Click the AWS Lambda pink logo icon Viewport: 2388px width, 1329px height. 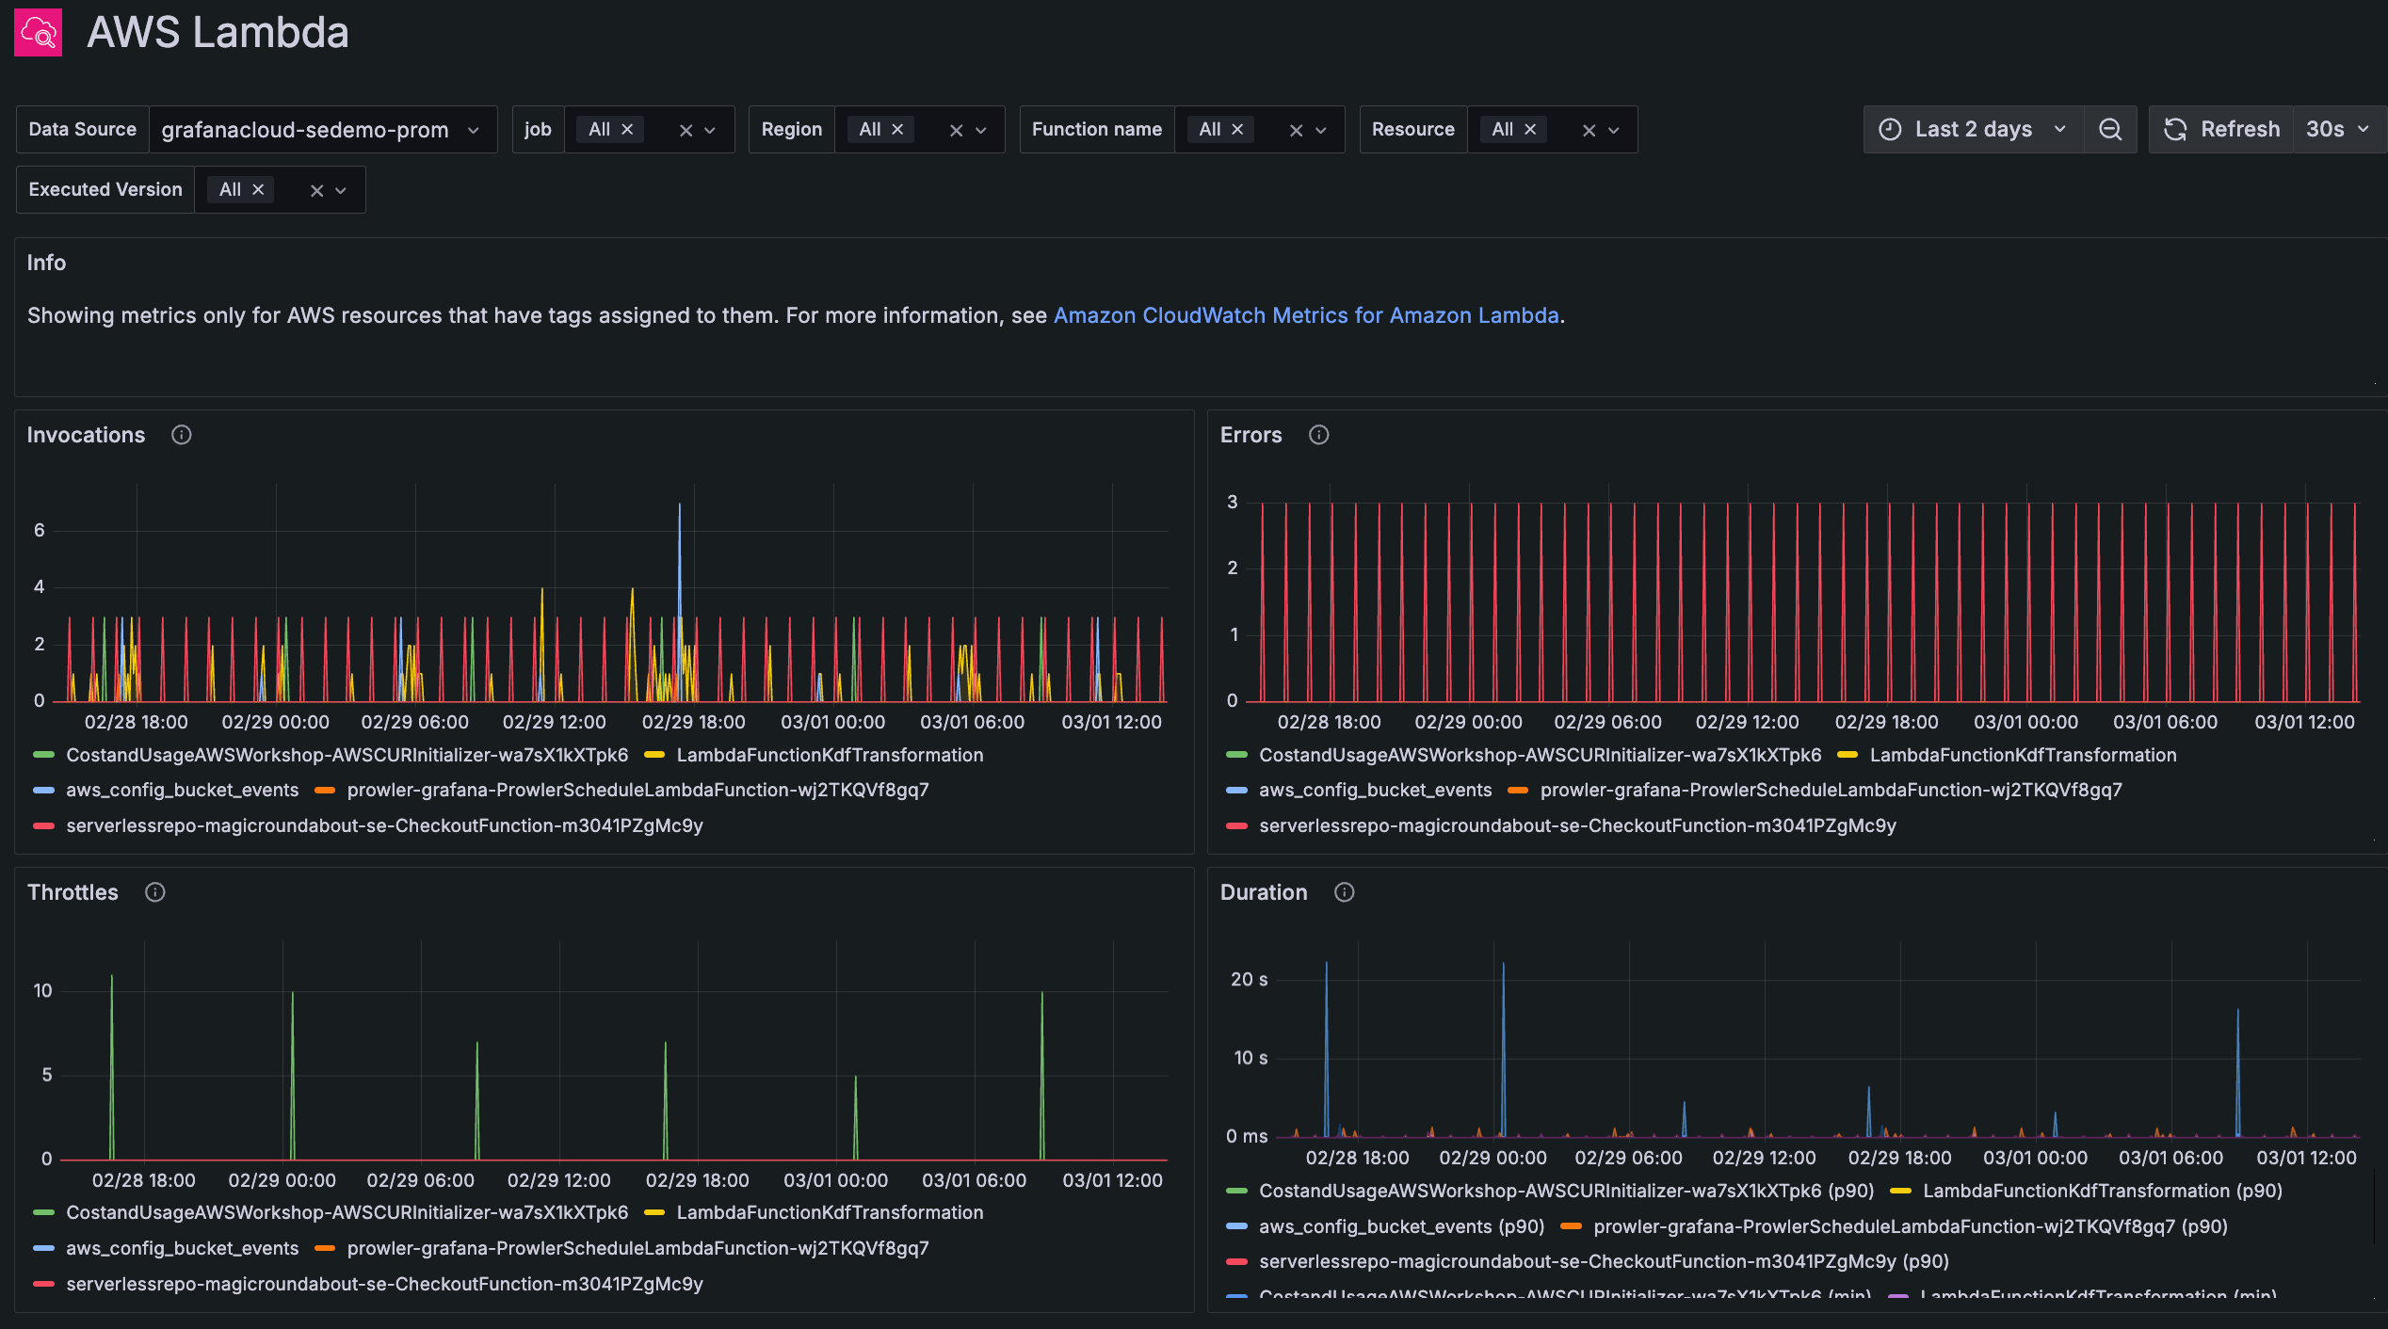click(38, 33)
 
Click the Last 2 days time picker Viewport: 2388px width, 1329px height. click(1973, 130)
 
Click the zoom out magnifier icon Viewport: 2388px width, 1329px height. click(2110, 130)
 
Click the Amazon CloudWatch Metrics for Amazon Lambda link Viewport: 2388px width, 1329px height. click(1305, 315)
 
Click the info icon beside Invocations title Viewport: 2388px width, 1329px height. click(182, 435)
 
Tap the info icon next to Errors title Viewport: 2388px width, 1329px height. click(1318, 435)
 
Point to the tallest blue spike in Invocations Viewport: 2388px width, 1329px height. click(679, 508)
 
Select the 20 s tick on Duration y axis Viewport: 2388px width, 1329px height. click(1249, 980)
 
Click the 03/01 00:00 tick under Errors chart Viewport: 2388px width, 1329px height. click(2025, 722)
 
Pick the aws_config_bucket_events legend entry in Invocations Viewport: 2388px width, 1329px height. click(182, 791)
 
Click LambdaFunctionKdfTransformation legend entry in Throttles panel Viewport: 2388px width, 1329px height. click(829, 1213)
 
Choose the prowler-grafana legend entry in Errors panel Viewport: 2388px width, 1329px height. click(1830, 791)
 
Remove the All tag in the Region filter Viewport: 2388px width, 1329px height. click(897, 130)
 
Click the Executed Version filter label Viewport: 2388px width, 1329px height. click(105, 190)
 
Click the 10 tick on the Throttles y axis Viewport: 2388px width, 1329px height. click(42, 991)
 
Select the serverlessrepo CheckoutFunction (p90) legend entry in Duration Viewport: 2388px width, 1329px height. click(1603, 1262)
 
